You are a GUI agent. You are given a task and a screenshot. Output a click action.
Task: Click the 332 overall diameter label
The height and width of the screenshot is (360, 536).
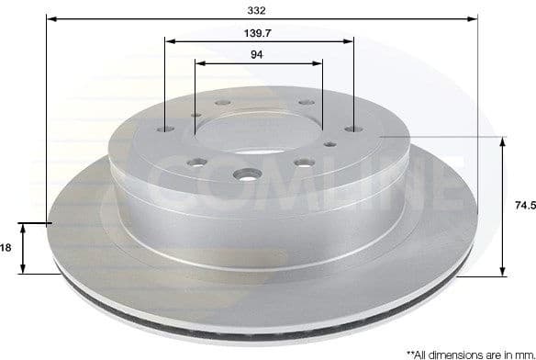tap(257, 10)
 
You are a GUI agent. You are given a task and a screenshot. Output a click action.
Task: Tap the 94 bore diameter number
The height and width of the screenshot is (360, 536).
tap(257, 54)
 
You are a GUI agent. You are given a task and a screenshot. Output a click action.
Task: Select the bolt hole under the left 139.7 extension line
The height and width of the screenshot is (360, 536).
tap(164, 131)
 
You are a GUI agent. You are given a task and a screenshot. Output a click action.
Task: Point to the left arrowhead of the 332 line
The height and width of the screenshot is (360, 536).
tap(50, 19)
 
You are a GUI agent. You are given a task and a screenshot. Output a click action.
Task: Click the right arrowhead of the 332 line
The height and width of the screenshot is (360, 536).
tap(475, 19)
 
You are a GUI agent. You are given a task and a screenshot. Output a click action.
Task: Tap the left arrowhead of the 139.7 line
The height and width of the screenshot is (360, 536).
tap(169, 40)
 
